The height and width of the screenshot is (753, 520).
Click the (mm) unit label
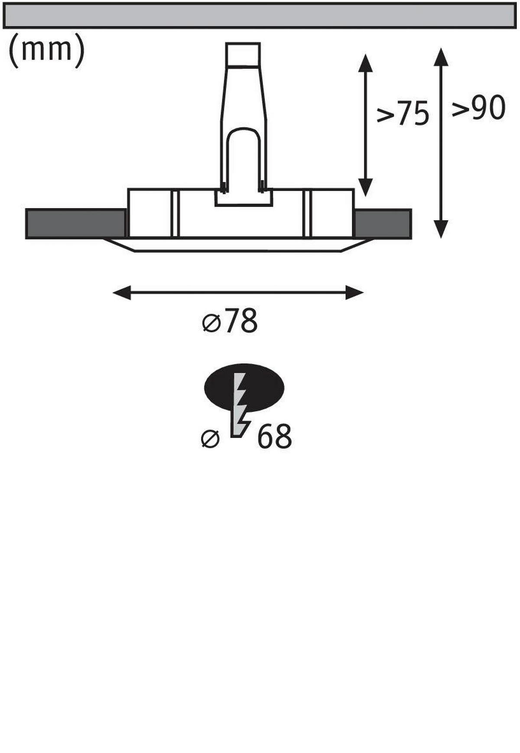pos(46,50)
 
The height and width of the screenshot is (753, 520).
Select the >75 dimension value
pos(403,114)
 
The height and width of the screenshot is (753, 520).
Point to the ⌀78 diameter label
pos(231,321)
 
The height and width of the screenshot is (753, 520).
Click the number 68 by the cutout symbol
pos(274,437)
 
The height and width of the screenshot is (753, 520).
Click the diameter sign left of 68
pos(211,438)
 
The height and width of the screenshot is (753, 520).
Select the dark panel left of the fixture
pos(76,223)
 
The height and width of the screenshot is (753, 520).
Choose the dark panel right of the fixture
pos(383,223)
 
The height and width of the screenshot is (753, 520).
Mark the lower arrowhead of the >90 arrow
pos(441,229)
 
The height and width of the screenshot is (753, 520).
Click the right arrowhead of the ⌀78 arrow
pos(354,293)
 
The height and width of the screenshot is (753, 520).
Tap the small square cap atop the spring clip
pos(243,54)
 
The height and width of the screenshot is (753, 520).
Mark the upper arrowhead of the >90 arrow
pos(441,57)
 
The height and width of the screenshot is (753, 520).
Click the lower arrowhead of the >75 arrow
pos(365,186)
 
